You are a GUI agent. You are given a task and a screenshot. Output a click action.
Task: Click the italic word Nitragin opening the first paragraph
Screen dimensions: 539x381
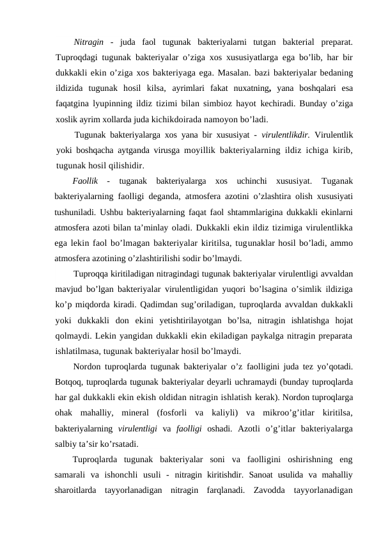pyautogui.click(x=89, y=42)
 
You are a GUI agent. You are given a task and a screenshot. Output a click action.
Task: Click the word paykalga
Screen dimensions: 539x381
pyautogui.click(x=249, y=335)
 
